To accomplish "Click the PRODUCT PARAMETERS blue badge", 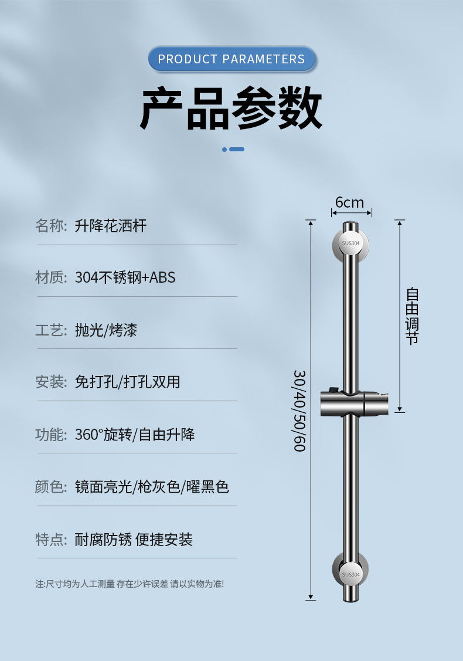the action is pos(231,59).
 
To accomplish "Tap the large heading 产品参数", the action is pos(231,109).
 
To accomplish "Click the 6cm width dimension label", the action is pos(349,203).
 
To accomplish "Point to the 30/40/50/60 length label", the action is pos(299,411).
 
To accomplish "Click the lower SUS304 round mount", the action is pos(350,573).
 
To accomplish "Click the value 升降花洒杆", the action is pos(111,226).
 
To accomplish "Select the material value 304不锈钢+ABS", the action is pos(125,277).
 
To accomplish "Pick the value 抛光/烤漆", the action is pos(106,330).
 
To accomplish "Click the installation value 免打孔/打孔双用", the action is pos(128,382).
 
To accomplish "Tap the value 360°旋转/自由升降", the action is pos(135,435).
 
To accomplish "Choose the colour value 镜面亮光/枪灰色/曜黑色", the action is pos(152,487).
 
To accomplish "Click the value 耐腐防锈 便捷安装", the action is pos(134,540).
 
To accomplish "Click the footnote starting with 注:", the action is pos(130,584).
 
